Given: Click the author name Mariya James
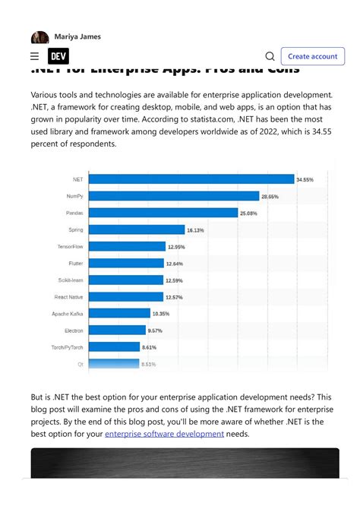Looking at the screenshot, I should pyautogui.click(x=77, y=36).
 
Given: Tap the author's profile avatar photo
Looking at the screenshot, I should pyautogui.click(x=39, y=37).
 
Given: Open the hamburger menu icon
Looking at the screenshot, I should pyautogui.click(x=34, y=56).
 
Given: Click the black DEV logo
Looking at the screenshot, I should pyautogui.click(x=58, y=56).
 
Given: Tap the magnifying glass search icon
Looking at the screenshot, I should pyautogui.click(x=270, y=56).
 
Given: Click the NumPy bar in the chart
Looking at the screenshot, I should pyautogui.click(x=174, y=196).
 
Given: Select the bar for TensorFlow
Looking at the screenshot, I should pyautogui.click(x=128, y=246).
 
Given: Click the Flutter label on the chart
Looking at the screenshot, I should pyautogui.click(x=75, y=263).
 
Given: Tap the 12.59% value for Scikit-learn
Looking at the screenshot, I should pyautogui.click(x=175, y=280).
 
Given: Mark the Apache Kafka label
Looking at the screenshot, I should pyautogui.click(x=68, y=313).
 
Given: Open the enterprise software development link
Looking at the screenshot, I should pyautogui.click(x=164, y=434).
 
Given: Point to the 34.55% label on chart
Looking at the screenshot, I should pyautogui.click(x=305, y=179).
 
